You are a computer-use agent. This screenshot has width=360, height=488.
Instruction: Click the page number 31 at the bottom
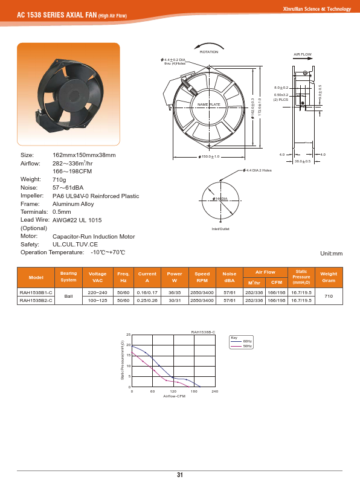[180, 475]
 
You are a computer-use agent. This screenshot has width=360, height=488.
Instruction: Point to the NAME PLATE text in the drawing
[209, 105]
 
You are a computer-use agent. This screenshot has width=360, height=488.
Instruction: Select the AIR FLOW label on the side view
[302, 54]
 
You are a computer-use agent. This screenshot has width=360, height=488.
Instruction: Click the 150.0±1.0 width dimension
[208, 157]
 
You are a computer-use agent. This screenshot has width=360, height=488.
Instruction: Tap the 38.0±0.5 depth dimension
[302, 161]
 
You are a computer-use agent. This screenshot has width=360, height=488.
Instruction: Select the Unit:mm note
[330, 254]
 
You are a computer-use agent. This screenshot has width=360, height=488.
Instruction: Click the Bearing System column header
[69, 277]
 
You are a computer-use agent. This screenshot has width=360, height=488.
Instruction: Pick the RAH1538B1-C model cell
[36, 292]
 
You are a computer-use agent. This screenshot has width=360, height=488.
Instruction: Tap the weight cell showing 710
[329, 296]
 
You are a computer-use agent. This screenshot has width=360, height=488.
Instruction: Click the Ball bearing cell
[69, 296]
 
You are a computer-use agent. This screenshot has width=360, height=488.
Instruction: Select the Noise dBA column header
[230, 277]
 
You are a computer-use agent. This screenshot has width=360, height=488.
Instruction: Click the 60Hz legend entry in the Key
[247, 342]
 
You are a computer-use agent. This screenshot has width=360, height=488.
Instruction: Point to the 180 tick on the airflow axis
[194, 392]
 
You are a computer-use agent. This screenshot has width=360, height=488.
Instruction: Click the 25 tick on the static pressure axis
[128, 335]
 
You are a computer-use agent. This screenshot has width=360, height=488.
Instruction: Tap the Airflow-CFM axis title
[173, 397]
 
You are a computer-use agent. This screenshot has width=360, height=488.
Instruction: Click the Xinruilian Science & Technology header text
[317, 9]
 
